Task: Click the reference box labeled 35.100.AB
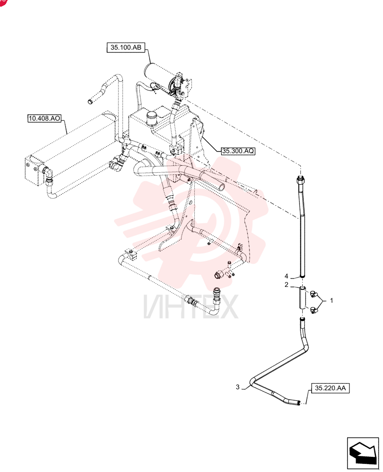coord(126,48)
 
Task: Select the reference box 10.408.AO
coord(44,118)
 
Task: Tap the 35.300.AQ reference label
coord(238,151)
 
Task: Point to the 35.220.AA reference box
coord(330,388)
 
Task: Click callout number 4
coord(286,276)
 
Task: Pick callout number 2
coord(286,285)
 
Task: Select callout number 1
coord(332,300)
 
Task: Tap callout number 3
coord(238,387)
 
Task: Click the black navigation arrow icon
coord(363,453)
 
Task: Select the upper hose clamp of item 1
coord(314,294)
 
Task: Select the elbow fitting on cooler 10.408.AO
coord(48,173)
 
